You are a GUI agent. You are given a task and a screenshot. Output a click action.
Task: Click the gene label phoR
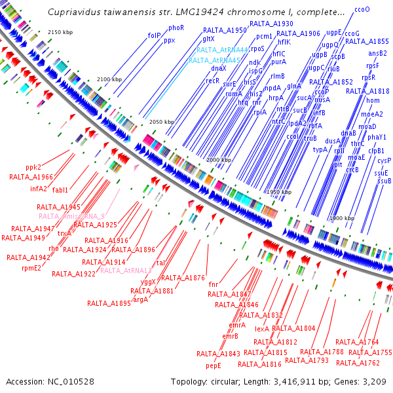pos(176,28)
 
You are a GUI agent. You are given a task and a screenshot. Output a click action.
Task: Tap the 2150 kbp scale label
pos(63,32)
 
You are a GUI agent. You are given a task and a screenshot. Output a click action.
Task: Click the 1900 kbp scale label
pos(341,217)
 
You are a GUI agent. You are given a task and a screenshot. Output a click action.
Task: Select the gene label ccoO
pos(362,10)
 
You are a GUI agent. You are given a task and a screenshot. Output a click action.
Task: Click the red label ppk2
pos(33,167)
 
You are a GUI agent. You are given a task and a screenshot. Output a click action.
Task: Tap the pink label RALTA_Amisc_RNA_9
pos(71,216)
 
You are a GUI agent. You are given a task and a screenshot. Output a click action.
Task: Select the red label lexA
pos(262,329)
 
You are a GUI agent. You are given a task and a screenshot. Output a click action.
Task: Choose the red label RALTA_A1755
pos(370,352)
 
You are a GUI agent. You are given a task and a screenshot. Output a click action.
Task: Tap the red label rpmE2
pos(31,267)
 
